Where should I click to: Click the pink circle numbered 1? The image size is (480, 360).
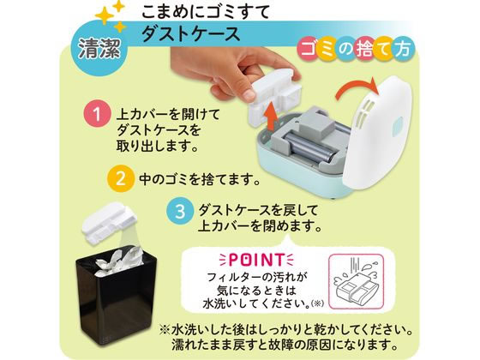pyautogui.click(x=97, y=115)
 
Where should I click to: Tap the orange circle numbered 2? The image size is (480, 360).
pyautogui.click(x=121, y=179)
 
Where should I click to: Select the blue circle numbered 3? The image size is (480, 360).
pyautogui.click(x=180, y=212)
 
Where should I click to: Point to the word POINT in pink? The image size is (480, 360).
pyautogui.click(x=256, y=260)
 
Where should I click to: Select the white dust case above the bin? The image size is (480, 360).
pyautogui.click(x=109, y=221)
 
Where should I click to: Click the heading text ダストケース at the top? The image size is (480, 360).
pyautogui.click(x=190, y=33)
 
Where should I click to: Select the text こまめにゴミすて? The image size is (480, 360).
pyautogui.click(x=205, y=12)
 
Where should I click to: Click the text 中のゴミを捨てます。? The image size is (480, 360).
pyautogui.click(x=200, y=179)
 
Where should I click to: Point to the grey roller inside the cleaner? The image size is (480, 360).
pyautogui.click(x=306, y=147)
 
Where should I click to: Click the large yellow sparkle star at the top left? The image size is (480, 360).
pyautogui.click(x=104, y=15)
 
